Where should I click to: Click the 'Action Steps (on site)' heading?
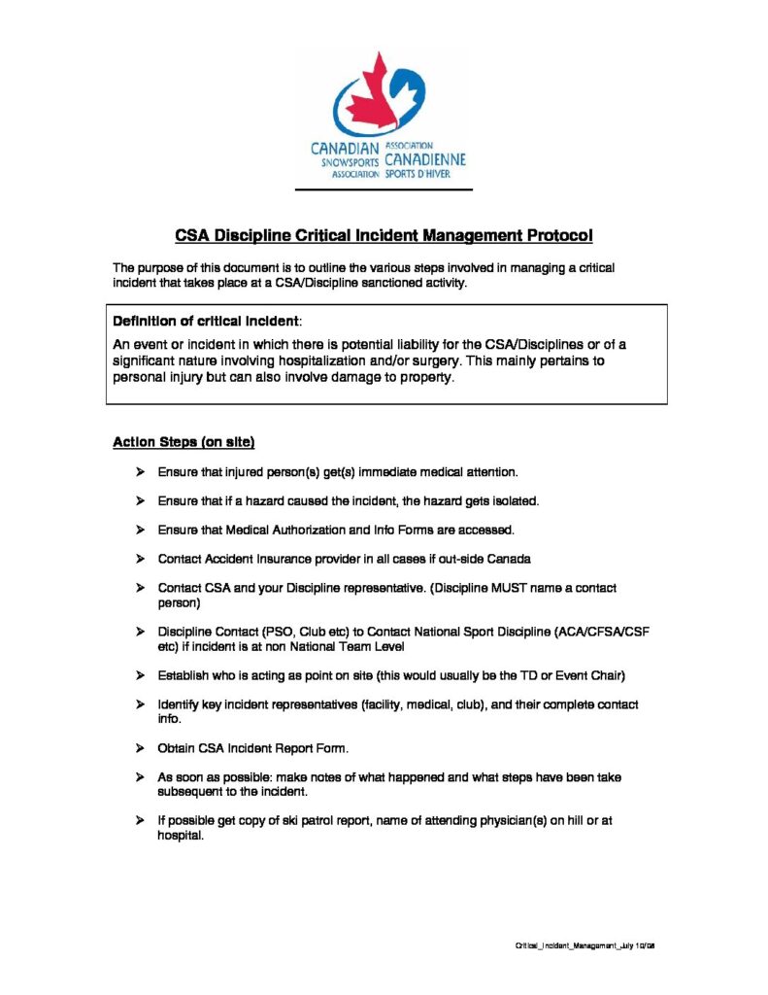[184, 442]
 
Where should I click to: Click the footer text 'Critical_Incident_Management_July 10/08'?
[587, 945]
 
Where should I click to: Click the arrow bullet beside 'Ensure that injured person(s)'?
[140, 471]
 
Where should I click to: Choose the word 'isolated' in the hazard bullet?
[514, 500]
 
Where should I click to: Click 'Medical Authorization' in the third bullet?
[281, 530]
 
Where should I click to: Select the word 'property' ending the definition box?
[424, 377]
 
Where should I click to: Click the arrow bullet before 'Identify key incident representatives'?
[140, 704]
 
